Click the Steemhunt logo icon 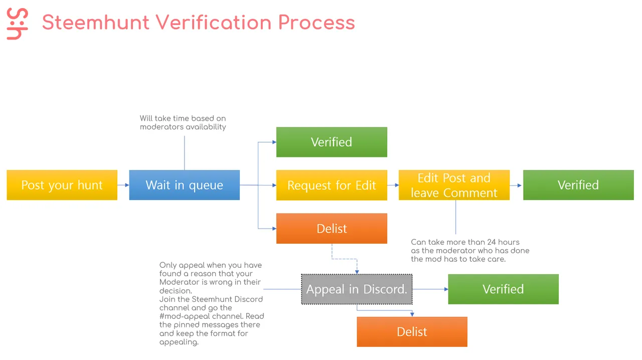(17, 24)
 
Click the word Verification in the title (214, 23)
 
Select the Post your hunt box (62, 185)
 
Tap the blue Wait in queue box (184, 185)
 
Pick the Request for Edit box (332, 185)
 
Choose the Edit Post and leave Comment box (454, 185)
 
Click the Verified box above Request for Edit (332, 142)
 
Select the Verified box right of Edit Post (578, 185)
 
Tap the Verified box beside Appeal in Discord (503, 289)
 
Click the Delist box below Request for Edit (332, 229)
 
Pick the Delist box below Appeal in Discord (412, 331)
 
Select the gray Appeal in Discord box (357, 289)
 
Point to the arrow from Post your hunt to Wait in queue (123, 185)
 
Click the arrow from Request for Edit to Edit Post (393, 185)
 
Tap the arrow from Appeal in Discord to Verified (430, 289)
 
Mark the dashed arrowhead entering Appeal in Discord (357, 272)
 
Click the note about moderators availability (183, 123)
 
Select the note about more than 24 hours (470, 251)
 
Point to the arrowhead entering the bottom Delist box (412, 314)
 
